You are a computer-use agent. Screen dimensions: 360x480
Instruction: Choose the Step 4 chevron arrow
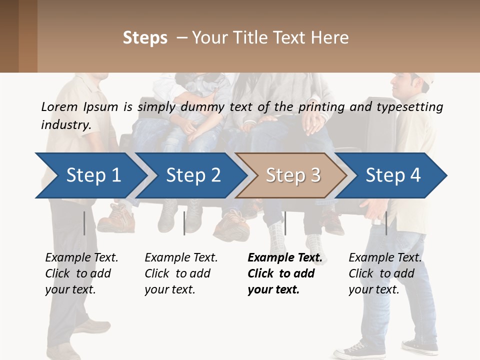click(x=392, y=175)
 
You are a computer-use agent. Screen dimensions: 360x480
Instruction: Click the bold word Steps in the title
click(x=145, y=37)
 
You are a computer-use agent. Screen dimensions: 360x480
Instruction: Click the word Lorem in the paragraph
click(x=58, y=106)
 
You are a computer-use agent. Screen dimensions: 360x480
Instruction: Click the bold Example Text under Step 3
click(x=285, y=257)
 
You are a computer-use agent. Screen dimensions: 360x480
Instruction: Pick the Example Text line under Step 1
click(x=81, y=257)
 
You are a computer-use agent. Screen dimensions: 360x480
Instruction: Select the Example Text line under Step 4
click(x=385, y=257)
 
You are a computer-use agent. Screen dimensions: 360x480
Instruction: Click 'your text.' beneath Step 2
click(x=169, y=289)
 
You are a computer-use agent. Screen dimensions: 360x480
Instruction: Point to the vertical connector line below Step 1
click(x=84, y=223)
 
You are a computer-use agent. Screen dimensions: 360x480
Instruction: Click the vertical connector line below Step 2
click(x=184, y=223)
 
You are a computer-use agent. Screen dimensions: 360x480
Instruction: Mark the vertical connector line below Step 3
click(x=285, y=223)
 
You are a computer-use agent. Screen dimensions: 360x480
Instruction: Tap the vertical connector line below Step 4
click(x=386, y=223)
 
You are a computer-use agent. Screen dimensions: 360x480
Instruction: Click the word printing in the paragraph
click(x=317, y=106)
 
